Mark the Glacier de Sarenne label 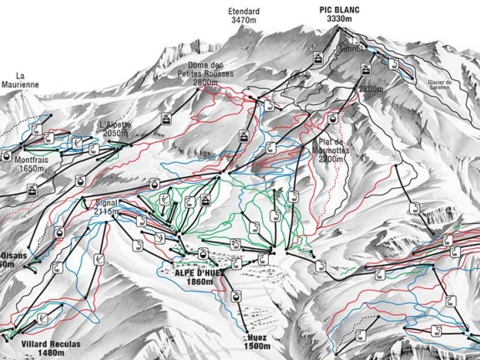[x=439, y=85]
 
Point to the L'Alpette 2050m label [x=114, y=129]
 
